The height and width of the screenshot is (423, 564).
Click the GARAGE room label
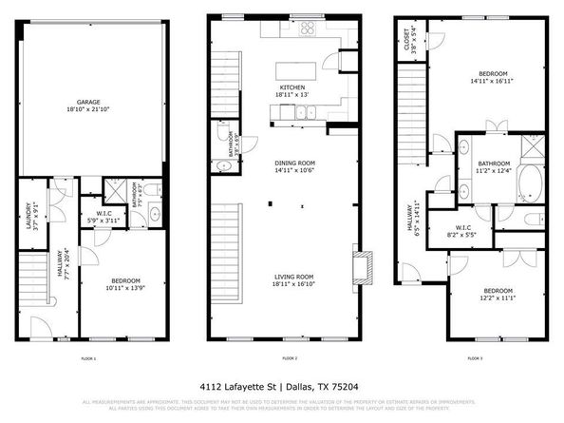91,104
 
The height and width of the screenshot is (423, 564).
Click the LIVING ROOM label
292,279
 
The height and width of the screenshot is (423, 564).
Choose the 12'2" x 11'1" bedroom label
498,294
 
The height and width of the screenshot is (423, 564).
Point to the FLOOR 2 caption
291,358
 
